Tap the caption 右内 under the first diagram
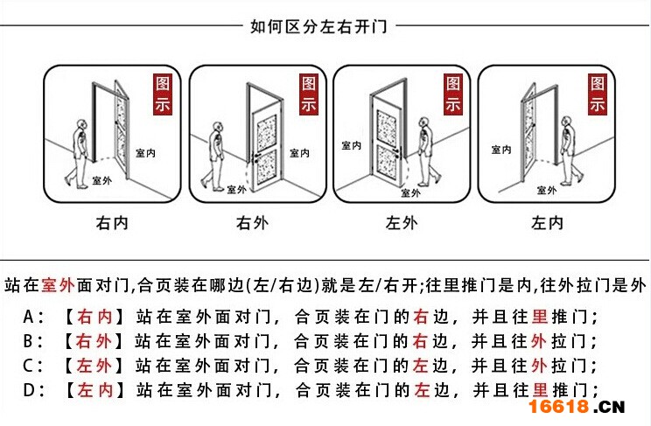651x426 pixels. click(111, 223)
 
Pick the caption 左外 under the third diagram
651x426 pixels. click(402, 223)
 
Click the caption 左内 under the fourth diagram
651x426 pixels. click(548, 223)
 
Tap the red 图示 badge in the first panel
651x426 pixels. click(163, 94)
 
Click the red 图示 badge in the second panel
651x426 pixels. click(309, 94)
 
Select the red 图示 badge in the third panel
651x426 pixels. click(452, 94)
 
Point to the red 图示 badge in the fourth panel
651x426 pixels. click(597, 94)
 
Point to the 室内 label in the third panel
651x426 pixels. click(351, 146)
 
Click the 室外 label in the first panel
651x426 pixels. click(101, 181)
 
